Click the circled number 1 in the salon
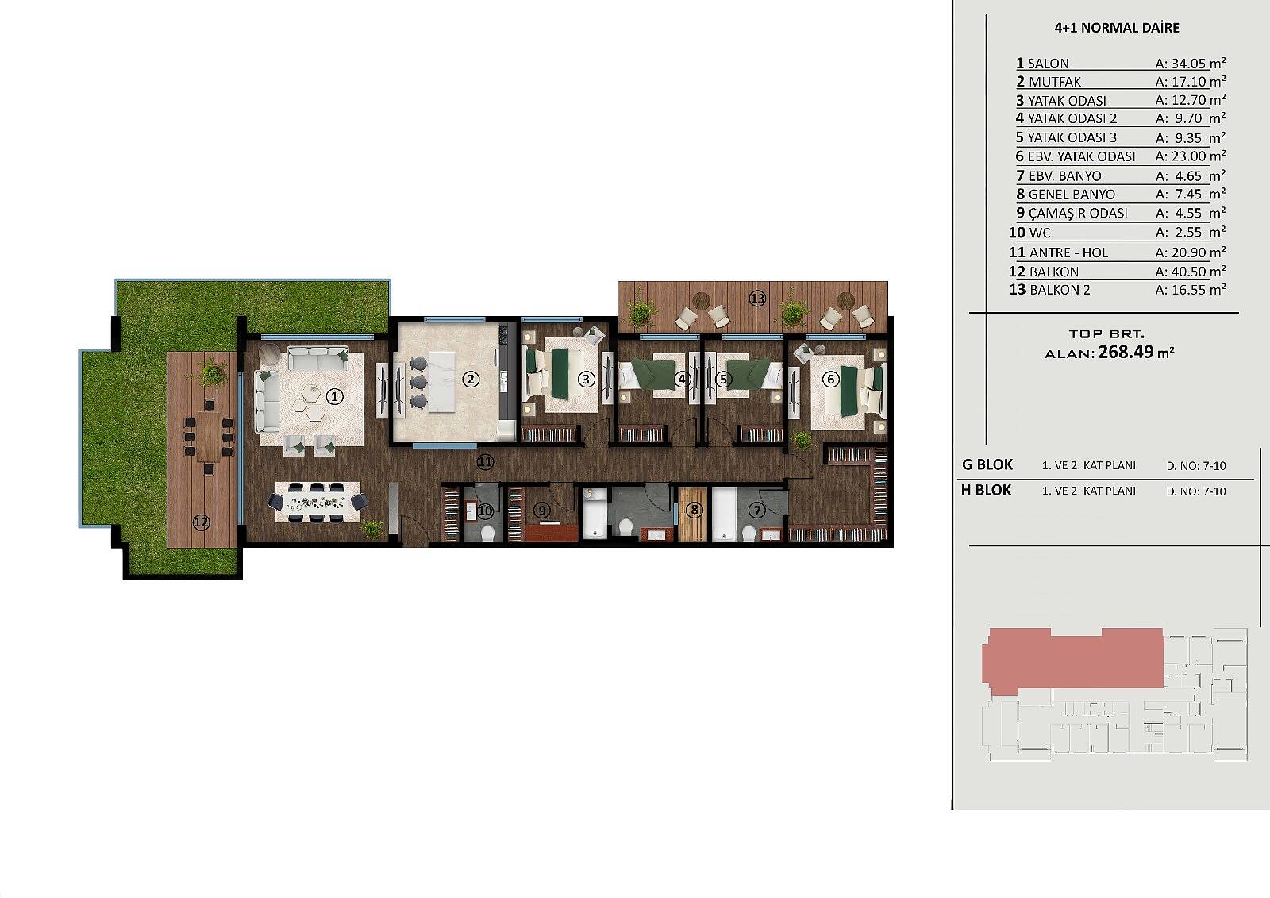coord(334,396)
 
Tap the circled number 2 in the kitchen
coord(470,379)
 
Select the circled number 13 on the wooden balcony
coord(757,298)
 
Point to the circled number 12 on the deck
coord(202,522)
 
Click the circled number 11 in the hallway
coord(485,462)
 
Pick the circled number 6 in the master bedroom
coord(830,379)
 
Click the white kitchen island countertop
coord(442,381)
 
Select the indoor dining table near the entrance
coord(317,502)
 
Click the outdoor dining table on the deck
coord(209,436)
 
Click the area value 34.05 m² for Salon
coord(1191,63)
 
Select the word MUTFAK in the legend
coord(1055,83)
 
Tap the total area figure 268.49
coord(1126,353)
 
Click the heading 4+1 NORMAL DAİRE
coord(1117,28)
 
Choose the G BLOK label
coord(987,464)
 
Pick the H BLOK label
coord(986,490)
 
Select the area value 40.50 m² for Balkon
coord(1191,272)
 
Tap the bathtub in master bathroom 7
coord(724,515)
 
